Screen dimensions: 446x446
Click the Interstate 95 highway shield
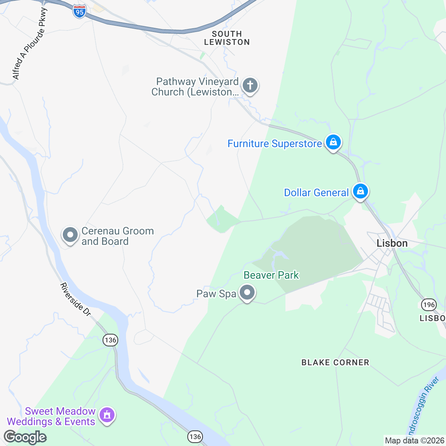79,11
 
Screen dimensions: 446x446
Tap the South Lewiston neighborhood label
227,38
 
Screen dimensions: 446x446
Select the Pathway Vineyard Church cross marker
250,85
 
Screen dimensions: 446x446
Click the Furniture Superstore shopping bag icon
333,142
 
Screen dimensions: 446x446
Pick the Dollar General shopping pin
360,191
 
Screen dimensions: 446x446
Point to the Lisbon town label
392,243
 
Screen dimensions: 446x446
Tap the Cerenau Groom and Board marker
70,235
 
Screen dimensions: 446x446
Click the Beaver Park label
271,275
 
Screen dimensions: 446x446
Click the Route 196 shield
429,305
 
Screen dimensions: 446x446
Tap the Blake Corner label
335,362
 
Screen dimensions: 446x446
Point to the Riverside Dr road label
75,300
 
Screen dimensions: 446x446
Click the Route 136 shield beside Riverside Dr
110,340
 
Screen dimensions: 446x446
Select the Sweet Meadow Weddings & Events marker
107,414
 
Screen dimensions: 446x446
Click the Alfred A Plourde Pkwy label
30,44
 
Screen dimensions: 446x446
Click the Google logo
25,437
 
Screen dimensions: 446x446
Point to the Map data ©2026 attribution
414,441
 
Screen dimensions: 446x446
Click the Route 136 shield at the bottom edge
195,437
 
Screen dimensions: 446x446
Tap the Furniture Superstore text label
275,143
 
